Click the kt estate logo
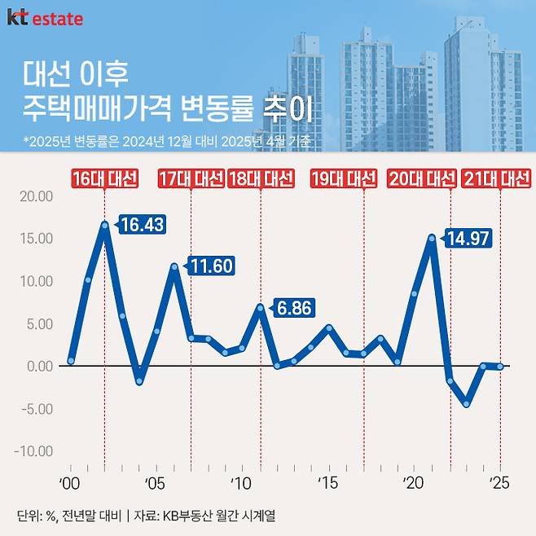click(x=45, y=17)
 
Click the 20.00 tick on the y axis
click(x=34, y=196)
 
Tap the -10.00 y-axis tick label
click(x=33, y=451)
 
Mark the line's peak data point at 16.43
click(x=105, y=224)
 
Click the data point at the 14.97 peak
click(x=432, y=238)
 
